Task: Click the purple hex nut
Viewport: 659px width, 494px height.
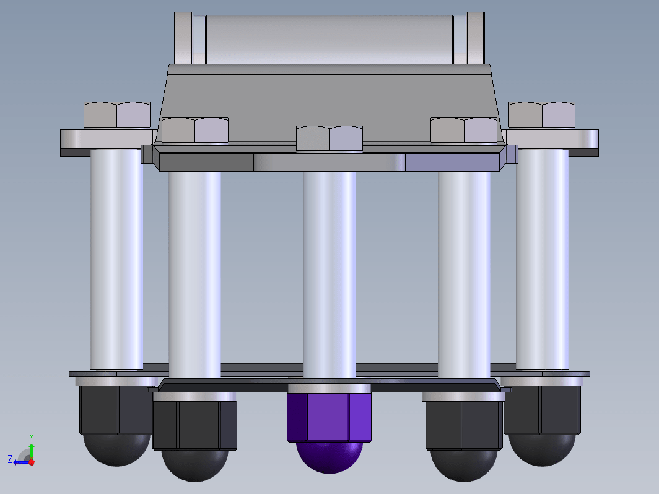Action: [329, 417]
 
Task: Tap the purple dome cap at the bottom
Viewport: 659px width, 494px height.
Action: [329, 457]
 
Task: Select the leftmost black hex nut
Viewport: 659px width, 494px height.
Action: [116, 410]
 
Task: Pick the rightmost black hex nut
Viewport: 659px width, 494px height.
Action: [542, 410]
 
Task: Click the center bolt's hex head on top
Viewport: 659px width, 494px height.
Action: [329, 138]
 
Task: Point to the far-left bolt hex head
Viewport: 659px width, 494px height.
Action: [117, 115]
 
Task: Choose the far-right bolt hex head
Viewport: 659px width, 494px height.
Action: [542, 115]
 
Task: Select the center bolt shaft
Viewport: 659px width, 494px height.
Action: [329, 275]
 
